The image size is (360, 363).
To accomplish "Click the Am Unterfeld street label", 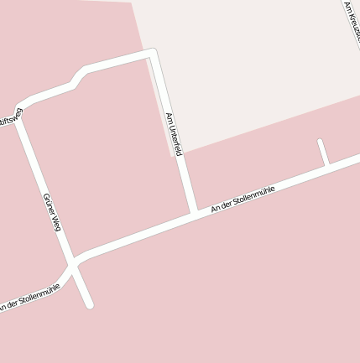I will [174, 135].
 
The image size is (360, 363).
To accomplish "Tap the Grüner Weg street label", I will [52, 211].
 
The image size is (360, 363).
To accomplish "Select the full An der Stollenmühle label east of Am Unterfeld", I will [243, 198].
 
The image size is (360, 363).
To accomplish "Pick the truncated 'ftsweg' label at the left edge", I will [11, 117].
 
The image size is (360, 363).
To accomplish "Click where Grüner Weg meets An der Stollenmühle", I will [74, 262].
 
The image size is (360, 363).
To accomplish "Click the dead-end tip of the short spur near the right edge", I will [320, 142].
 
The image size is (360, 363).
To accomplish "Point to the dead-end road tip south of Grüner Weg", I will [89, 305].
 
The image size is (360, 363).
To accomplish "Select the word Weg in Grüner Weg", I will [55, 222].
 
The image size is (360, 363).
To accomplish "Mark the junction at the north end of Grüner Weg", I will [20, 110].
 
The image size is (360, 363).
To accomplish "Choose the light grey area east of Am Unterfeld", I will [252, 67].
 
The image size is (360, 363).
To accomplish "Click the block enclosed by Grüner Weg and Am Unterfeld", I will [109, 159].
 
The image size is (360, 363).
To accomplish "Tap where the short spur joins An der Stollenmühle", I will [326, 166].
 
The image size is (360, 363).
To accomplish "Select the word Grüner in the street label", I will [48, 202].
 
